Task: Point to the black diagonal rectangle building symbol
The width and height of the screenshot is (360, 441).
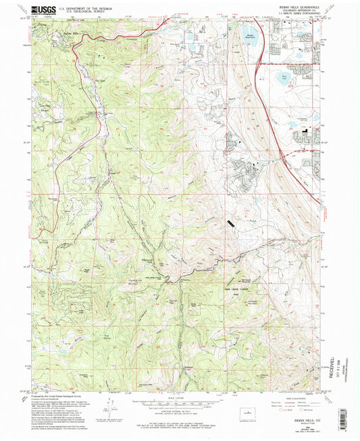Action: point(232,222)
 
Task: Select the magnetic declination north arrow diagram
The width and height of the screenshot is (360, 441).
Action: point(109,406)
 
